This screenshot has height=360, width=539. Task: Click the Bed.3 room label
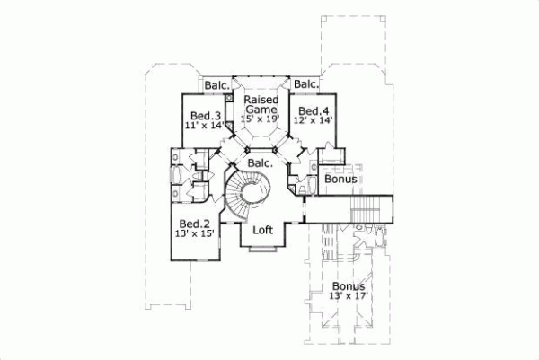[x=206, y=116]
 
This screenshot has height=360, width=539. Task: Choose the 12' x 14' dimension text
[x=306, y=119]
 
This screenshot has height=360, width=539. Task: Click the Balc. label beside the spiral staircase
[x=261, y=164]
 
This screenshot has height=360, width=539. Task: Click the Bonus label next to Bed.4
[x=341, y=180]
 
